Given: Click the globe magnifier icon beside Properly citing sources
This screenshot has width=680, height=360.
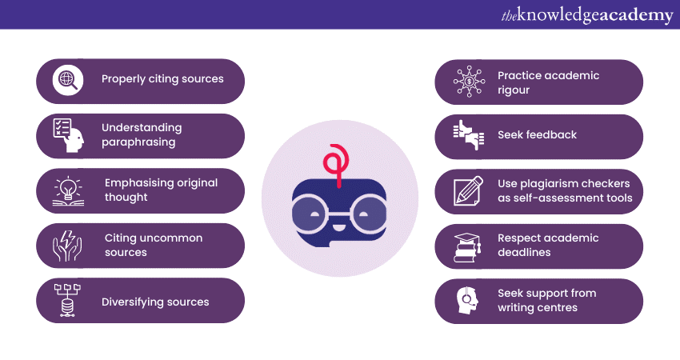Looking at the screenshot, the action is pos(68,80).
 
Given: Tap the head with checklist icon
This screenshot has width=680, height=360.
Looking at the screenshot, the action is pos(68,135).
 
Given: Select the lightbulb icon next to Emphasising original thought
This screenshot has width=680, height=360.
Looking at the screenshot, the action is pos(68,191).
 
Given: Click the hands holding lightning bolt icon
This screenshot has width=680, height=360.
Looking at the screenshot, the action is pos(67,246).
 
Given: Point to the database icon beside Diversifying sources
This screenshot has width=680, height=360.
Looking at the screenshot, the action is pos(67,301).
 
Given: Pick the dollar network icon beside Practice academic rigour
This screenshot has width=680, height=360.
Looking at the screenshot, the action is pos(469,82).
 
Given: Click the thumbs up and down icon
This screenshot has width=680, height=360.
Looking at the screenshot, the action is pos(468,135).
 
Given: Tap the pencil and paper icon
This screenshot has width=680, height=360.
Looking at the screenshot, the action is pos(468,191).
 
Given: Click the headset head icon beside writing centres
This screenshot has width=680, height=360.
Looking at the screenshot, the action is pos(467,300).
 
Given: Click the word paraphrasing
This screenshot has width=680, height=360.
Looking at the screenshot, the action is pos(138,142).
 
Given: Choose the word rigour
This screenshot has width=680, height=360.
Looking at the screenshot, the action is pos(514,90).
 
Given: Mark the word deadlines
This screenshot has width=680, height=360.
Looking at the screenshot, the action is pos(524,253).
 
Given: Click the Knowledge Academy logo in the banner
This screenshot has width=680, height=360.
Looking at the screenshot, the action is pos(587,15).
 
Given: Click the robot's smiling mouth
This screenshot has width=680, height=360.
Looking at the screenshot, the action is pos(338,226).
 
